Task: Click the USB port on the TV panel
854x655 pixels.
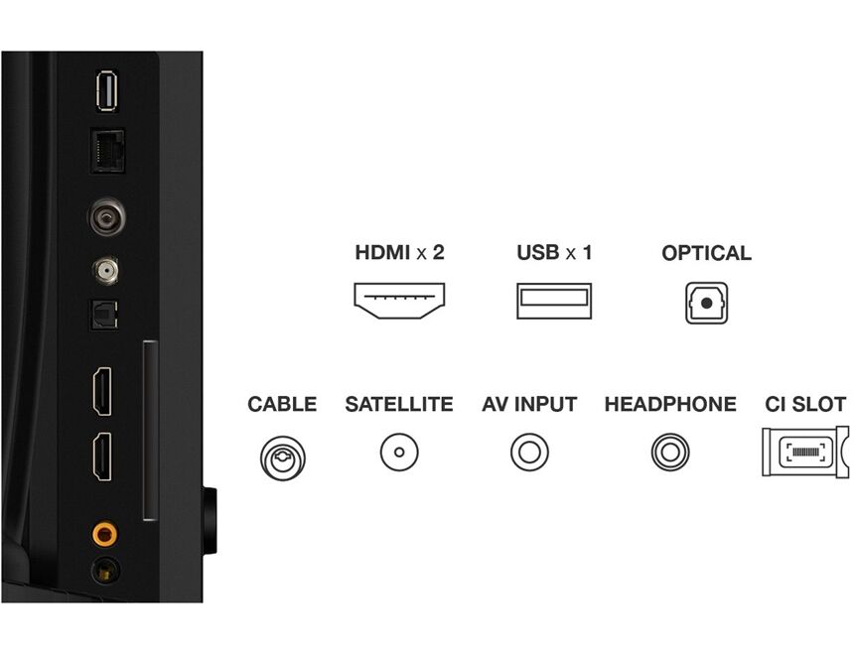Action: click(106, 90)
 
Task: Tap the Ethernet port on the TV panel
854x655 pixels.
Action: click(107, 151)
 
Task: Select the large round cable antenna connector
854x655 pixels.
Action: click(107, 216)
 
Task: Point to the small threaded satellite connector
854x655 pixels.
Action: click(106, 270)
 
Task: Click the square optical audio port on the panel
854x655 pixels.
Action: click(104, 316)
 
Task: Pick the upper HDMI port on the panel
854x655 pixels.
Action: click(102, 391)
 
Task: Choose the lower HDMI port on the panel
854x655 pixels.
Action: click(102, 457)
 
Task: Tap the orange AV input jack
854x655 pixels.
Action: click(104, 534)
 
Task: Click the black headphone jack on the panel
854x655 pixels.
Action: click(105, 571)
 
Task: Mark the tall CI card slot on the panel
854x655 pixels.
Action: click(150, 431)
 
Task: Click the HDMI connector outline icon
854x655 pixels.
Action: click(399, 301)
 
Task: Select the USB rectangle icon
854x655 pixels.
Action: click(554, 301)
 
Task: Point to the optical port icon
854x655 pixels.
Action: click(706, 303)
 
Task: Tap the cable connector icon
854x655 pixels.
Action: click(283, 458)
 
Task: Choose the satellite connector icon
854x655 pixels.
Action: click(399, 452)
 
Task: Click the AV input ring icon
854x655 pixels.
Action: click(529, 452)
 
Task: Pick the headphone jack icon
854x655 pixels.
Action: click(670, 452)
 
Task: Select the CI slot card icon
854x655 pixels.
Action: click(805, 452)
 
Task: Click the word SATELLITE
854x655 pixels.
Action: click(398, 404)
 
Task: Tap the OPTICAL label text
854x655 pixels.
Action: click(706, 253)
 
